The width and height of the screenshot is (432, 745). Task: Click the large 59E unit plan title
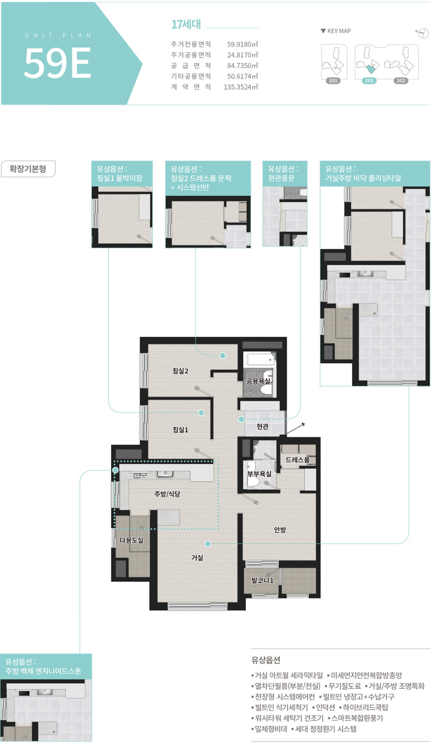[x=57, y=63]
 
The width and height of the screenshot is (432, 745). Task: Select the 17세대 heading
[x=186, y=24]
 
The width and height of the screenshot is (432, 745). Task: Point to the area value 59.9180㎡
[x=242, y=44]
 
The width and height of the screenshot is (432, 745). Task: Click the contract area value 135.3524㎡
[x=241, y=87]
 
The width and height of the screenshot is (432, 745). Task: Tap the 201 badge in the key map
[x=369, y=81]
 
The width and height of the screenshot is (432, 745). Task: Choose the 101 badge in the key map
[x=333, y=81]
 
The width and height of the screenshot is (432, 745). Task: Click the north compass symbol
[x=423, y=33]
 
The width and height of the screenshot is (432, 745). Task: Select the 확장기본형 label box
[x=28, y=169]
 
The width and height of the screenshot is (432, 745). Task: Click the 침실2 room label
[x=180, y=371]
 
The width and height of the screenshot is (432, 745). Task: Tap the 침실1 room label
[x=180, y=430]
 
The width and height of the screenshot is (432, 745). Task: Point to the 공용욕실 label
[x=258, y=381]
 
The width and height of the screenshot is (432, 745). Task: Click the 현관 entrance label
[x=262, y=426]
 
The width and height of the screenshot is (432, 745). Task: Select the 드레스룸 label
[x=297, y=460]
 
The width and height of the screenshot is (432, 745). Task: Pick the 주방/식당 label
[x=167, y=494]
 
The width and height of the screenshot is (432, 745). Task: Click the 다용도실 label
[x=131, y=540]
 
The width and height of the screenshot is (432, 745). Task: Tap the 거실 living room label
[x=197, y=558]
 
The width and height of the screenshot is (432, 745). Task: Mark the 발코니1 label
[x=262, y=580]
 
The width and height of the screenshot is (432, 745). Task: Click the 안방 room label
[x=280, y=530]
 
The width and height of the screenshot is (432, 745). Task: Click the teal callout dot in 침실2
[x=222, y=356]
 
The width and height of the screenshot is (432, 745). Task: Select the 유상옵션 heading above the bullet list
[x=265, y=660]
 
